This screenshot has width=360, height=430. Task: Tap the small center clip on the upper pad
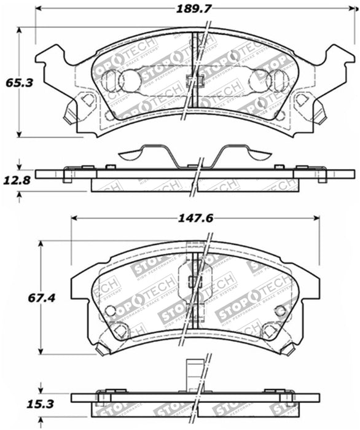[x=195, y=80]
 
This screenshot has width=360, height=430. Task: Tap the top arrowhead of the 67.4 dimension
[x=41, y=244]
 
